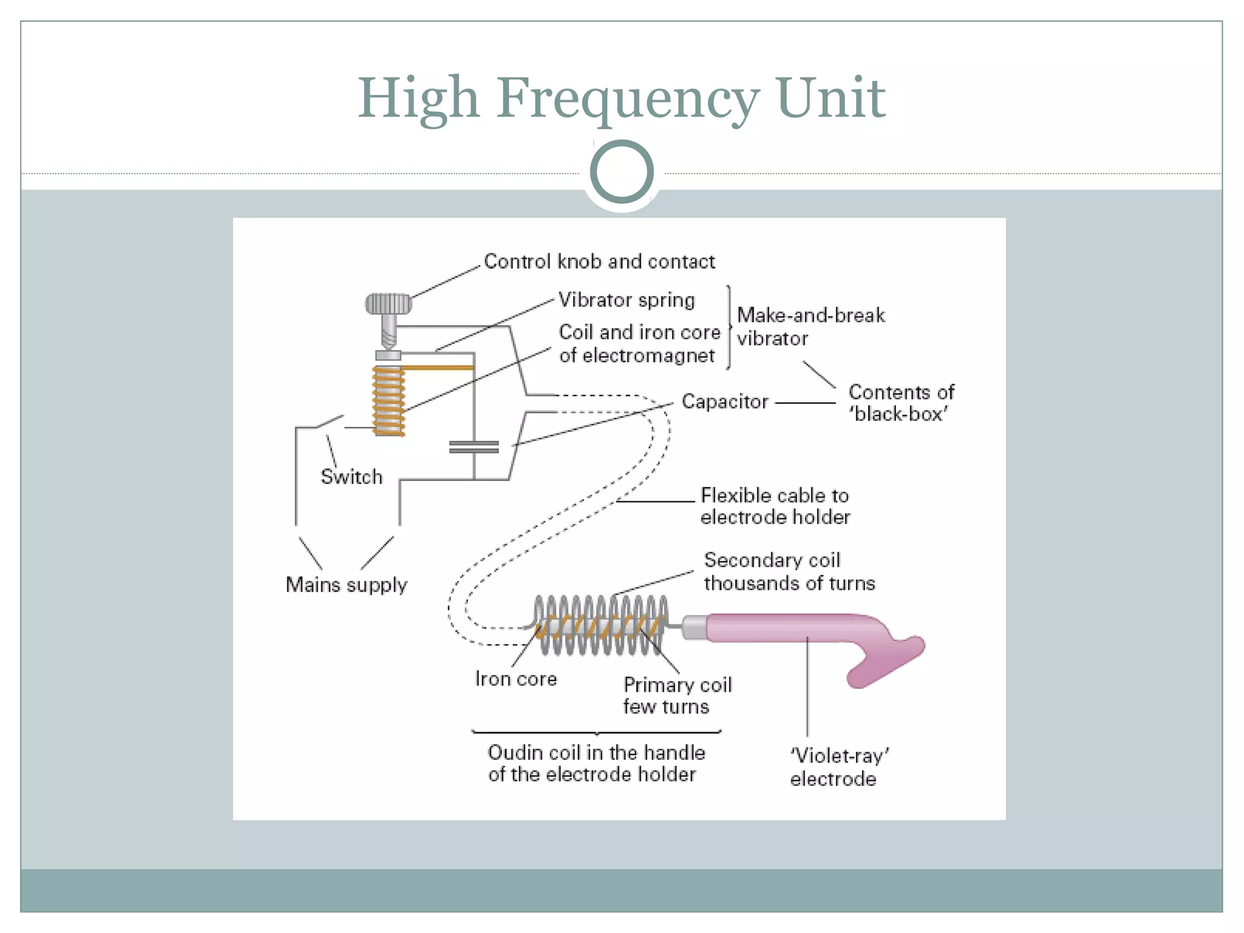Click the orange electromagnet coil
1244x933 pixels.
pyautogui.click(x=389, y=401)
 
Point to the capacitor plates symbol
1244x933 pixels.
pyautogui.click(x=474, y=447)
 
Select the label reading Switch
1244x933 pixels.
pyautogui.click(x=352, y=477)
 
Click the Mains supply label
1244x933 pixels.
pyautogui.click(x=346, y=584)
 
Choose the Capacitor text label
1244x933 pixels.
pyautogui.click(x=725, y=402)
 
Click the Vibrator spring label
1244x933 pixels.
pyautogui.click(x=626, y=300)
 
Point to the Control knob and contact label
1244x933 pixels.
pyautogui.click(x=599, y=262)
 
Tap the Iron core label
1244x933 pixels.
pyautogui.click(x=516, y=679)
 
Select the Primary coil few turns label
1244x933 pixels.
pyautogui.click(x=677, y=696)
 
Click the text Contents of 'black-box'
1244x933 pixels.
pyautogui.click(x=901, y=403)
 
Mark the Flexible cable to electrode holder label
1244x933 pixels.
pyautogui.click(x=775, y=506)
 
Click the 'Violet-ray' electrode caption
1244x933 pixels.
pyautogui.click(x=838, y=767)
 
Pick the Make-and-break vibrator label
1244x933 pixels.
pyautogui.click(x=810, y=327)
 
